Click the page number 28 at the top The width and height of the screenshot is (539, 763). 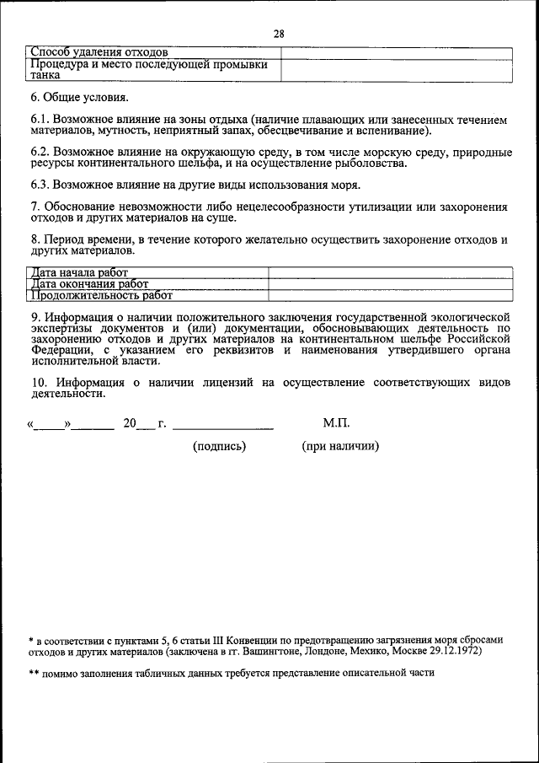click(x=279, y=34)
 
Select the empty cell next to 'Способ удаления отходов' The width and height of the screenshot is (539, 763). click(x=395, y=52)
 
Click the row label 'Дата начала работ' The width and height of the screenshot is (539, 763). click(x=78, y=272)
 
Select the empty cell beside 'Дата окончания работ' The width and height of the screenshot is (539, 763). click(x=389, y=284)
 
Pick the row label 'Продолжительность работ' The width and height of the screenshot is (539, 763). click(x=101, y=296)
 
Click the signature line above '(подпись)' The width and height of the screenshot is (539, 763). click(x=222, y=427)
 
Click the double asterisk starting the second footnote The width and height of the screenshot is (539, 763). click(x=34, y=674)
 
